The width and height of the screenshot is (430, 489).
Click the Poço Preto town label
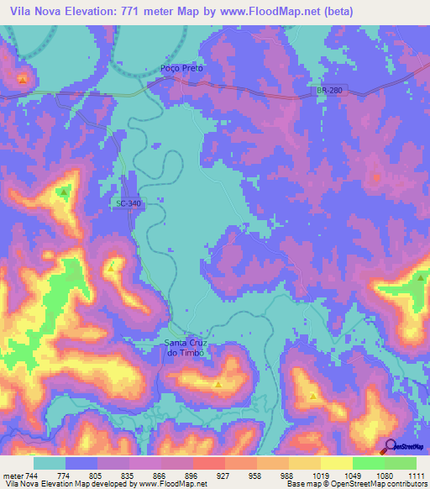182,68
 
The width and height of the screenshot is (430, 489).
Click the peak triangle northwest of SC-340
64,192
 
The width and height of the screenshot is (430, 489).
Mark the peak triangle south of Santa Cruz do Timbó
218,385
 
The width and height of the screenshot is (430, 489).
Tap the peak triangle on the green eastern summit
420,277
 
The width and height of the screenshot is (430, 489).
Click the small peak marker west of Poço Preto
22,79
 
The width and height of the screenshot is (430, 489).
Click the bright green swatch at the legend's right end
401,463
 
